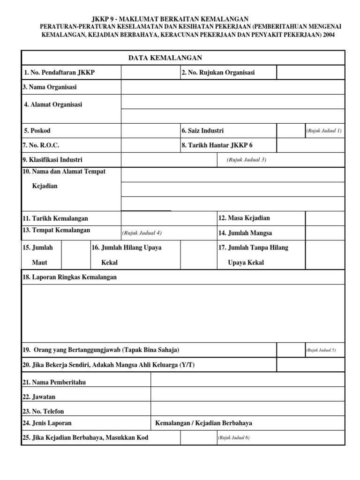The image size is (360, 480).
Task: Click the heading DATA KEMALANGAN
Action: point(165,58)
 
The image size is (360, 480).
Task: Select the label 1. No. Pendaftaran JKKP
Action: point(59,73)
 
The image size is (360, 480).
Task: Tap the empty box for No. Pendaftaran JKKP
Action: point(150,73)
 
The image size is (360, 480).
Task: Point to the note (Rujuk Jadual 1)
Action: point(324,130)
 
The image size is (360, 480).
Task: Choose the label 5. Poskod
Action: point(37,130)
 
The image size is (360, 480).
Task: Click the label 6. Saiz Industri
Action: point(202,130)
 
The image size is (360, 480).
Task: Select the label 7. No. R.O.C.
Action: point(41,145)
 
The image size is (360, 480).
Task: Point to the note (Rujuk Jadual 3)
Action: point(247,159)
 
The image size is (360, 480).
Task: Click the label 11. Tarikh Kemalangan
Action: point(55,218)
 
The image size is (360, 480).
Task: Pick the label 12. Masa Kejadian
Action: point(244,218)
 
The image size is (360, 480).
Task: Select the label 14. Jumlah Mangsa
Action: point(245,233)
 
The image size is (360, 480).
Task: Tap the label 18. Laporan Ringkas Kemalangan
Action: point(69,277)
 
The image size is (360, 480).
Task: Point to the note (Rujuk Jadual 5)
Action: point(321,350)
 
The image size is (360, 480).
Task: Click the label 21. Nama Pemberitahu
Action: point(54,382)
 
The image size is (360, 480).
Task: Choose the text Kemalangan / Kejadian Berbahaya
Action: point(203,423)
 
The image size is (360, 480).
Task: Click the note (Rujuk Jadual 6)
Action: point(233,437)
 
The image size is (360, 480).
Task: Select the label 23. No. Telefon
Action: point(43,411)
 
